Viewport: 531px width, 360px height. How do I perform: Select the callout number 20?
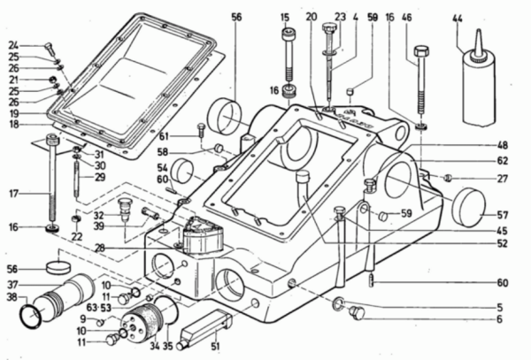tap(311, 16)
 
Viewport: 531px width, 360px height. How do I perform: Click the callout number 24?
tap(13, 45)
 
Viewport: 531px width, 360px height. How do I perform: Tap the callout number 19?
tap(13, 113)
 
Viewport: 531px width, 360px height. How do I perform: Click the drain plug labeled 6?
tap(357, 312)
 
